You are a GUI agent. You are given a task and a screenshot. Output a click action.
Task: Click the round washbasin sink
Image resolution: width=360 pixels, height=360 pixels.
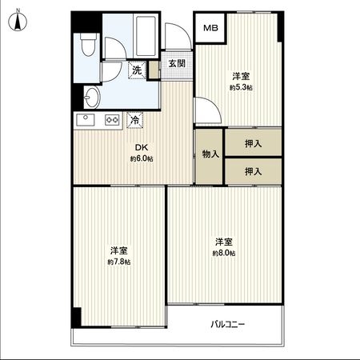click(91, 98)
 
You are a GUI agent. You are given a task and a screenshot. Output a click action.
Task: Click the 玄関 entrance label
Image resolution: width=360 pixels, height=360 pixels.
click(177, 64)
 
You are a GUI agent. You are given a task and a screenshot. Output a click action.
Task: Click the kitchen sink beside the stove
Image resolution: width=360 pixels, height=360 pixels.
click(85, 121)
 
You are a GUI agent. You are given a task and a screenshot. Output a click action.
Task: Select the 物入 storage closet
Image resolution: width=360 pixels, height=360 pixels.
click(207, 154)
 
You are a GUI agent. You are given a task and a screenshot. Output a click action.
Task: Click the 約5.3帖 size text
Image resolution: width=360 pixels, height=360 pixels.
click(241, 87)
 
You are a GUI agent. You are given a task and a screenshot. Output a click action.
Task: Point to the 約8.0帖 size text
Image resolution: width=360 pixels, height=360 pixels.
click(223, 254)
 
